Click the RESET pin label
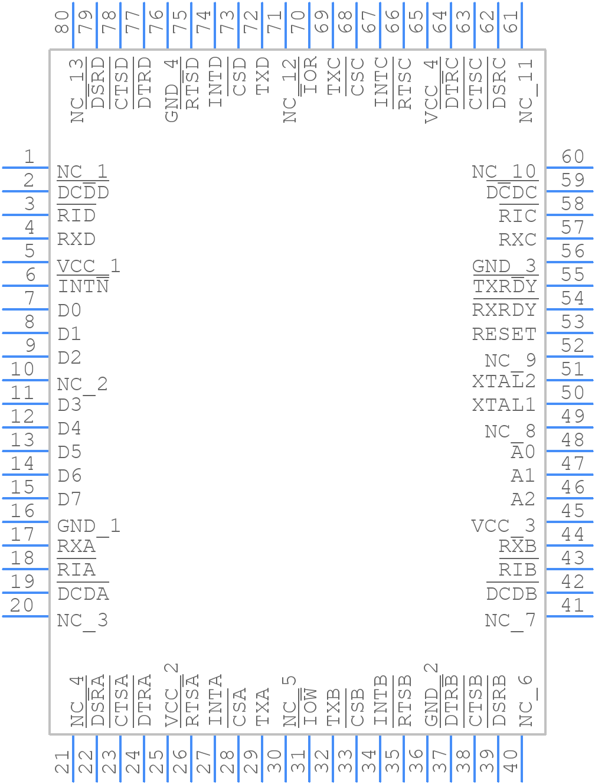click(504, 334)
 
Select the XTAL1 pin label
click(504, 405)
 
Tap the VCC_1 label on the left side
click(89, 266)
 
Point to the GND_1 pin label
click(89, 526)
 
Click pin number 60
click(573, 157)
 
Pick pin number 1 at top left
click(29, 157)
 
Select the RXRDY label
click(504, 310)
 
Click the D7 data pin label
click(70, 499)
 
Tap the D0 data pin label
click(70, 311)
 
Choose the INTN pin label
click(83, 288)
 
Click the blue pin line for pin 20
click(25, 616)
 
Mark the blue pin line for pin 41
click(569, 616)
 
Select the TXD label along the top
click(263, 76)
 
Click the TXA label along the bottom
click(263, 707)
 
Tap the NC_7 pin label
click(509, 620)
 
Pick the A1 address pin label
click(522, 476)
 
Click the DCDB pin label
click(511, 594)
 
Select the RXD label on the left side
click(76, 240)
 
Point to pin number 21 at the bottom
click(63, 762)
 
